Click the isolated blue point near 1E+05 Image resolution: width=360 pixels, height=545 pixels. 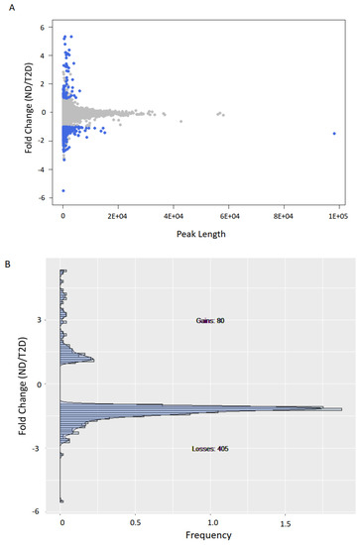(x=334, y=134)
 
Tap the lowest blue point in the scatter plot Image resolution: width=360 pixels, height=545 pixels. (x=63, y=190)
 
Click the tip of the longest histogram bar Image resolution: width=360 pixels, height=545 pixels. (x=342, y=409)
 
